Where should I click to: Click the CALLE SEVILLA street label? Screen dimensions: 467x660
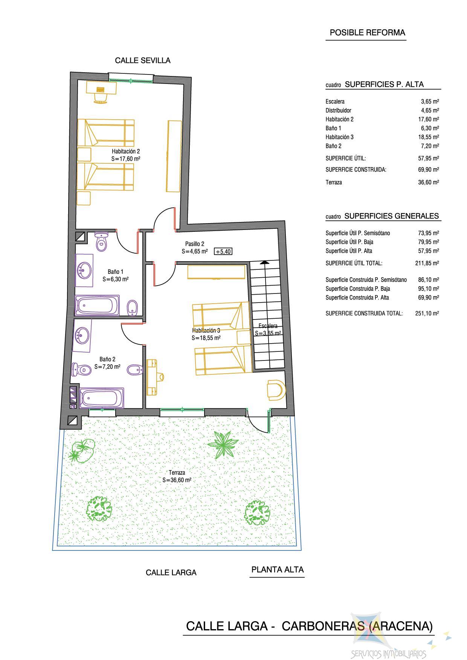click(x=142, y=61)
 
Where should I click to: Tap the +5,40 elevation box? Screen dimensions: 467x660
click(x=223, y=251)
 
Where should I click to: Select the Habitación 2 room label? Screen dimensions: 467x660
click(x=126, y=151)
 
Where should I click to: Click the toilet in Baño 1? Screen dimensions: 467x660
click(x=101, y=241)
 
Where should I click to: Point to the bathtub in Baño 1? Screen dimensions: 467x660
click(x=98, y=306)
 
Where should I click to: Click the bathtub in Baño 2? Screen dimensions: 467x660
click(x=102, y=398)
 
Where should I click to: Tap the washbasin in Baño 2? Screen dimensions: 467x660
click(x=82, y=335)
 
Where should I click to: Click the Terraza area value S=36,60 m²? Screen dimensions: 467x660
click(x=177, y=480)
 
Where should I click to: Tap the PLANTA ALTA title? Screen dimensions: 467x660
click(x=278, y=569)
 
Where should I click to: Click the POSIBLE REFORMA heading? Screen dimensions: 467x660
click(x=368, y=33)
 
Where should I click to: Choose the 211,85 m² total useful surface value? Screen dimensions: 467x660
click(x=427, y=263)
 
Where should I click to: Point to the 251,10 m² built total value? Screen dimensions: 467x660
click(x=427, y=313)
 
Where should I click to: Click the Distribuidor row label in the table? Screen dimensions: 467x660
click(x=338, y=110)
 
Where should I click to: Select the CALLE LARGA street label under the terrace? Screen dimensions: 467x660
click(x=171, y=573)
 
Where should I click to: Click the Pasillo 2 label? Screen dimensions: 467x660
click(x=195, y=244)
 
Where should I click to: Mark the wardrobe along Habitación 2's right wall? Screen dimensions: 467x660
click(x=174, y=156)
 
